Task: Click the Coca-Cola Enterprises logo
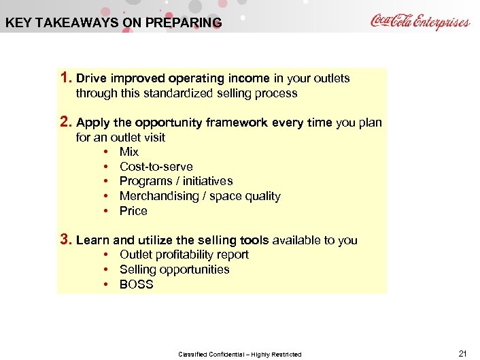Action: (419, 21)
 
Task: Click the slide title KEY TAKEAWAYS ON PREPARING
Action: (114, 22)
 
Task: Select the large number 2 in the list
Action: (65, 122)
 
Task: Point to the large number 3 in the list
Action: (65, 240)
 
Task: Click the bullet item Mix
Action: (129, 152)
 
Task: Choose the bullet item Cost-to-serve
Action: (156, 167)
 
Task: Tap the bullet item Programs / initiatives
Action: (175, 181)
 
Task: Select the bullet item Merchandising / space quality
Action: (199, 196)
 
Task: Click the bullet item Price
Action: (133, 211)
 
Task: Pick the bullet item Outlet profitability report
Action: (184, 255)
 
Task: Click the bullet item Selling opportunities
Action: (174, 269)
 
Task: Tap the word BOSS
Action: (136, 284)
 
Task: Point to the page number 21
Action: (463, 353)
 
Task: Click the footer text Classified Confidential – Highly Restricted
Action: (239, 354)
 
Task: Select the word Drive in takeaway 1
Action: (92, 78)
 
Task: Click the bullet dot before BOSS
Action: (107, 284)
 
